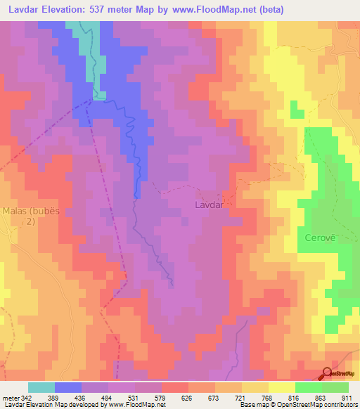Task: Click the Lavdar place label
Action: click(209, 206)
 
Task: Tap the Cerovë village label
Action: click(321, 238)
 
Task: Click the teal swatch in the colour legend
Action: click(41, 387)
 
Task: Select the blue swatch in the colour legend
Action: click(68, 387)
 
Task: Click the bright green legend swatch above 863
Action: click(308, 387)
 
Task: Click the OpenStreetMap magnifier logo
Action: click(328, 374)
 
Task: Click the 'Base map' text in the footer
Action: click(251, 405)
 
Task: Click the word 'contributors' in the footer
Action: click(342, 405)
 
